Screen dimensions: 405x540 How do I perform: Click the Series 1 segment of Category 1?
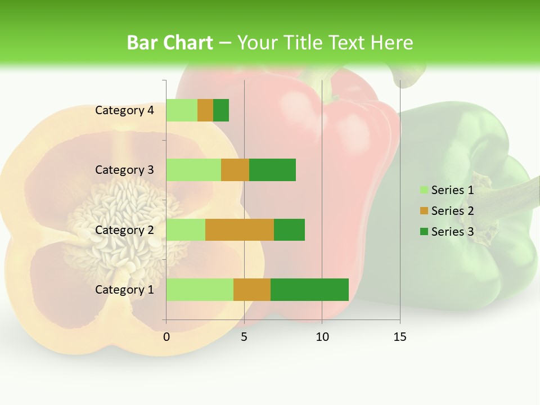coord(200,289)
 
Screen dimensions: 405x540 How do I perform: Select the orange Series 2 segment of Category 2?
coord(240,229)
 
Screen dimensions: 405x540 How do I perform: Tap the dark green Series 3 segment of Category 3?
coord(272,170)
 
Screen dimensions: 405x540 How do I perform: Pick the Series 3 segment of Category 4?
coord(221,110)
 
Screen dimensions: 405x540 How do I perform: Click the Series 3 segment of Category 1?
coord(309,289)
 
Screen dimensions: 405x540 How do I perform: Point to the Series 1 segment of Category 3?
coord(193,170)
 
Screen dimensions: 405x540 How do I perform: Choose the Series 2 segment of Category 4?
coord(205,110)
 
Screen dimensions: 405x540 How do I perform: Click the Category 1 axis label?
coord(124,290)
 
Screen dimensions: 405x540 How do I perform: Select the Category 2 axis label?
coord(124,230)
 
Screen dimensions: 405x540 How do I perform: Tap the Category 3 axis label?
coord(124,170)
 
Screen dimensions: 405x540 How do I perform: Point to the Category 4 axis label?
coord(124,110)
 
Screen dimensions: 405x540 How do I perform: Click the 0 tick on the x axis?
coord(166,337)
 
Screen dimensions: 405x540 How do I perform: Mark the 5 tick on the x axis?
coord(244,337)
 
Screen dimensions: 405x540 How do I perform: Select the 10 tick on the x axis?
coord(322,337)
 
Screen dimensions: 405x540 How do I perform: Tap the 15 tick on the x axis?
coord(399,337)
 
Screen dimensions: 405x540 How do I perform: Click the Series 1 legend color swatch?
coord(424,190)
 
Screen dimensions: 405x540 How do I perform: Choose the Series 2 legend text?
coord(452,211)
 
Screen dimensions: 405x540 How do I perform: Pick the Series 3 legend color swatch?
coord(424,232)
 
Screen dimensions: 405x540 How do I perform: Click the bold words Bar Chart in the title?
coord(170,43)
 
